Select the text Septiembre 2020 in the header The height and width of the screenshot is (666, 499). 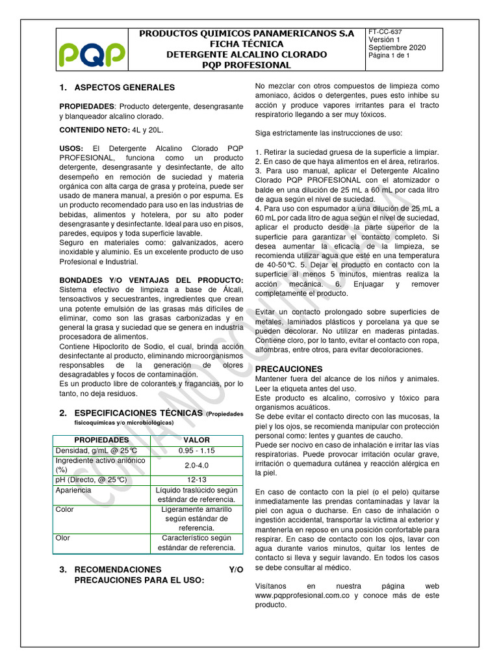pyautogui.click(x=397, y=47)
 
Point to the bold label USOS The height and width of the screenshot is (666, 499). pyautogui.click(x=71, y=149)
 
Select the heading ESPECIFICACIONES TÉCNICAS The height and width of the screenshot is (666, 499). pyautogui.click(x=139, y=413)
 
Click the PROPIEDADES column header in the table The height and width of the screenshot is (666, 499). pyautogui.click(x=101, y=440)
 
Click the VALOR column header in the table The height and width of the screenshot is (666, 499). pyautogui.click(x=196, y=440)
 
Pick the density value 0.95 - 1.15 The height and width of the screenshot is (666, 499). pyautogui.click(x=196, y=450)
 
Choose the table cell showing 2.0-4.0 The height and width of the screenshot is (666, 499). pyautogui.click(x=196, y=465)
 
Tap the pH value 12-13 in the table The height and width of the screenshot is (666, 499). pyautogui.click(x=196, y=480)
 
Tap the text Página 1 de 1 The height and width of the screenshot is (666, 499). pyautogui.click(x=394, y=56)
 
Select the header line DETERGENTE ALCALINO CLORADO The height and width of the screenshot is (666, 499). pyautogui.click(x=246, y=55)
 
